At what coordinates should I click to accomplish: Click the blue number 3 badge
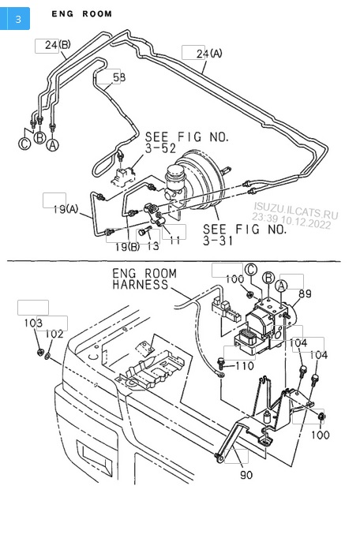tap(15, 18)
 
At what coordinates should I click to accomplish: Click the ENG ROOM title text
tap(82, 13)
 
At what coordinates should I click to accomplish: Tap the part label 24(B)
tap(58, 45)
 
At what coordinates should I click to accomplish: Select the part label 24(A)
tap(209, 54)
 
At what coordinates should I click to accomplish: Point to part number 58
tap(119, 77)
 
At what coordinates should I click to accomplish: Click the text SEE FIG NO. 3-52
tap(187, 142)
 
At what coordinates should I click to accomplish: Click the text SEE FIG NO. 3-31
tap(245, 234)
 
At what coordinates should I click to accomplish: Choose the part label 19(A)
tap(66, 209)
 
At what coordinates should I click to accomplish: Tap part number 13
tap(153, 246)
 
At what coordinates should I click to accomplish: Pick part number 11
tap(174, 241)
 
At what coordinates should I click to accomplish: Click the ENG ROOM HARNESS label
tap(144, 278)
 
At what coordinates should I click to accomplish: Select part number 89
tap(306, 293)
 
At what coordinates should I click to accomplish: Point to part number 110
tap(245, 366)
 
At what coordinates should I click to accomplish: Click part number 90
tap(246, 475)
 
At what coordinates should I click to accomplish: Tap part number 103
tap(33, 323)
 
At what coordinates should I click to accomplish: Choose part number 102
tap(54, 334)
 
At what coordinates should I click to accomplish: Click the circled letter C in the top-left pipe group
tap(24, 144)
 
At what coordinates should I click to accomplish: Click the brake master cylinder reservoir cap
tap(175, 170)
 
